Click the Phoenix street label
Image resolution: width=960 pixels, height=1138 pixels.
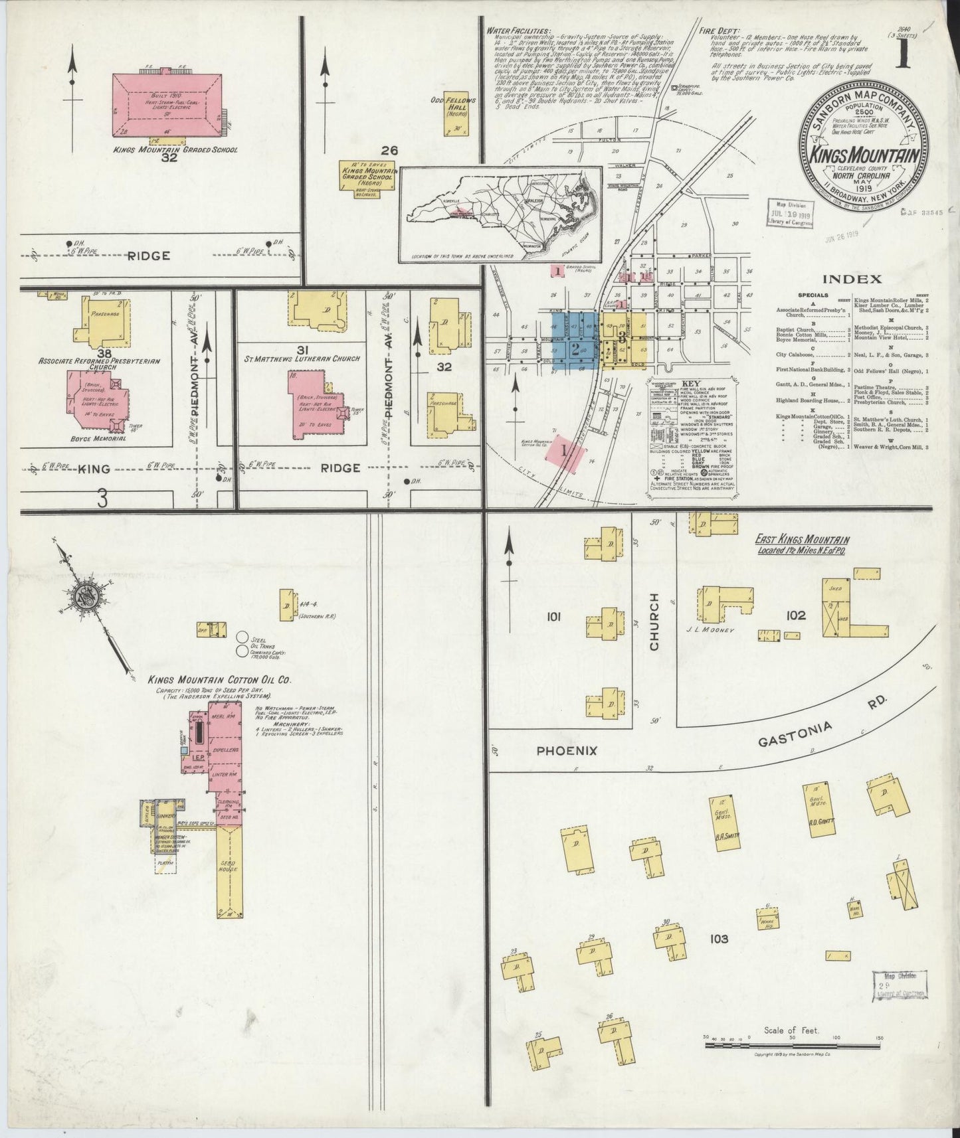click(567, 750)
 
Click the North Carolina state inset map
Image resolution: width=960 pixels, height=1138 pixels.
click(501, 212)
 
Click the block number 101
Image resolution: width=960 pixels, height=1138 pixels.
click(554, 617)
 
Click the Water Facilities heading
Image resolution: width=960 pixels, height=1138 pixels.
click(518, 31)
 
